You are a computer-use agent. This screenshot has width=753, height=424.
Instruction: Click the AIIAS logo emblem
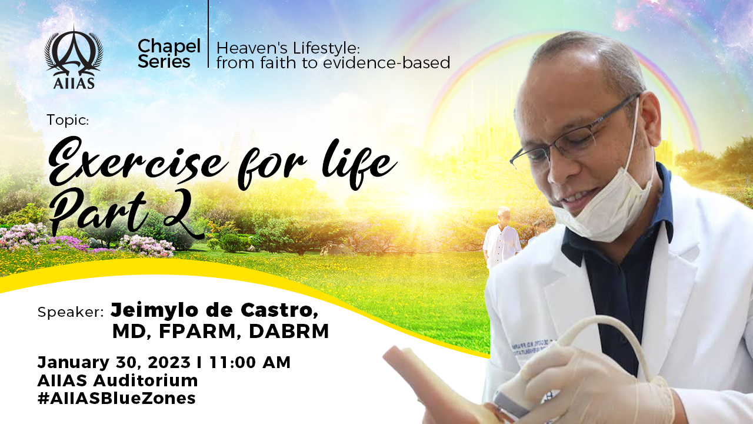(74, 57)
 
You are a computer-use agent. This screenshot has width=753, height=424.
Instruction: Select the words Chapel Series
(169, 54)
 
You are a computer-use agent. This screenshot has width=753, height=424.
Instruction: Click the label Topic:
(68, 120)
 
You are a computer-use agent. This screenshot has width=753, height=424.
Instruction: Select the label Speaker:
(70, 312)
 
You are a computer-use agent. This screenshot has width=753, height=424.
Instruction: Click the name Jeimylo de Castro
(215, 310)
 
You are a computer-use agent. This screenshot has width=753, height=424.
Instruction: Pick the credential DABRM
(289, 332)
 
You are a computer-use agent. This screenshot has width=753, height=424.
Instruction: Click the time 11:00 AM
(250, 362)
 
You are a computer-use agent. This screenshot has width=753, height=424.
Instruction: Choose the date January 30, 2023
(114, 363)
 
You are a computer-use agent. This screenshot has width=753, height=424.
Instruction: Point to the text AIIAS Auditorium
(118, 380)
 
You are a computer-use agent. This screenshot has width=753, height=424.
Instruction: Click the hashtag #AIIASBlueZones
(116, 399)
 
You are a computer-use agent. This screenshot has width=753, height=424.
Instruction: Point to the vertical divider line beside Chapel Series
(208, 34)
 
